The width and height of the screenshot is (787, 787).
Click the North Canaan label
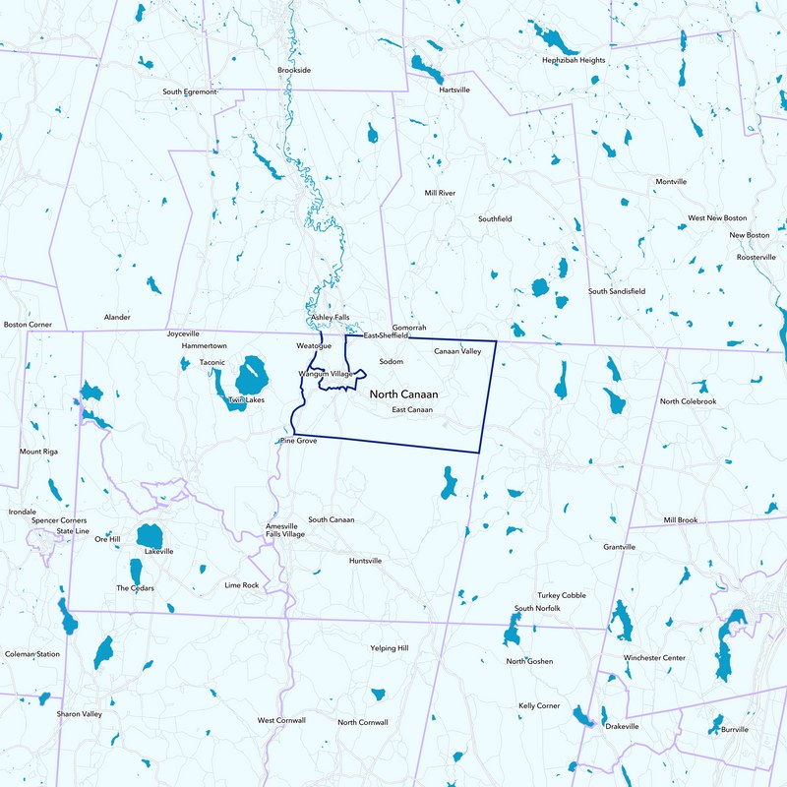403,393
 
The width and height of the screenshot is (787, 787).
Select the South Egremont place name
189,91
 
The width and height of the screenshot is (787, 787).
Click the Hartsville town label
454,90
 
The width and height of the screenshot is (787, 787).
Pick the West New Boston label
717,217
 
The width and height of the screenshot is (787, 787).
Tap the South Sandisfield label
617,291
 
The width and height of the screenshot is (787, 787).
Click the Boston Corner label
28,324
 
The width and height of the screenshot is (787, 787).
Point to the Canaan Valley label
457,351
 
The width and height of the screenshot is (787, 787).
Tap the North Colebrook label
689,401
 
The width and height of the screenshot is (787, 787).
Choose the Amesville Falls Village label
285,530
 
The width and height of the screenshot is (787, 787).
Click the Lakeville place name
158,552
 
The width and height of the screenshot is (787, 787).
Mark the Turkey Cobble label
562,595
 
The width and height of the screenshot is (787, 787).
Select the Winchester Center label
654,657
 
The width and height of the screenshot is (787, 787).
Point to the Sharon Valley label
79,713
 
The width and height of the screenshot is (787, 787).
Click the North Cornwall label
363,722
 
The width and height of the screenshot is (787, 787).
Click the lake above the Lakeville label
150,536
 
